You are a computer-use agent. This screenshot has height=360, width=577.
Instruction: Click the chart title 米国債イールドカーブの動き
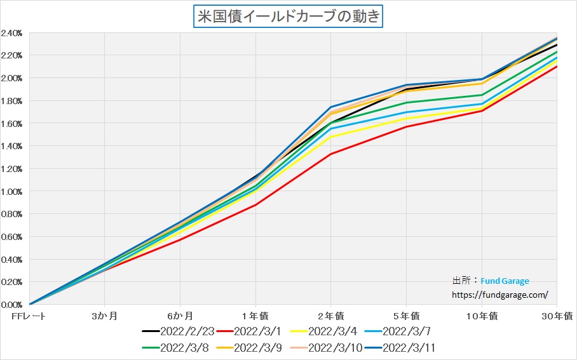coord(288,16)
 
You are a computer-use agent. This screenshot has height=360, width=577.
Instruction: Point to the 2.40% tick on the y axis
coord(13,33)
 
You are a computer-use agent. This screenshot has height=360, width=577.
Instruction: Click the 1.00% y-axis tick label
coord(13,192)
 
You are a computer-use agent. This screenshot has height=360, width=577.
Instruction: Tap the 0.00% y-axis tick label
coord(13,305)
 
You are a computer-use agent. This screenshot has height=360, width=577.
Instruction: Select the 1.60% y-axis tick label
coord(13,124)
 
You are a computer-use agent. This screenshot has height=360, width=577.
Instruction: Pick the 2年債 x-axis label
coord(330,316)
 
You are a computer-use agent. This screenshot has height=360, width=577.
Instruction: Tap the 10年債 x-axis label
coord(481,316)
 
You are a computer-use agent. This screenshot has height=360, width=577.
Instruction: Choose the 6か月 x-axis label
coord(180,316)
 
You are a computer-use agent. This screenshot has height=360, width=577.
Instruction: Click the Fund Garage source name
coord(505,281)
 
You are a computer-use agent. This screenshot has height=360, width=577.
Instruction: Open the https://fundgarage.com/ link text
coord(499,295)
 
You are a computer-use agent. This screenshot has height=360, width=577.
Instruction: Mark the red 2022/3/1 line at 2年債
coord(330,154)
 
